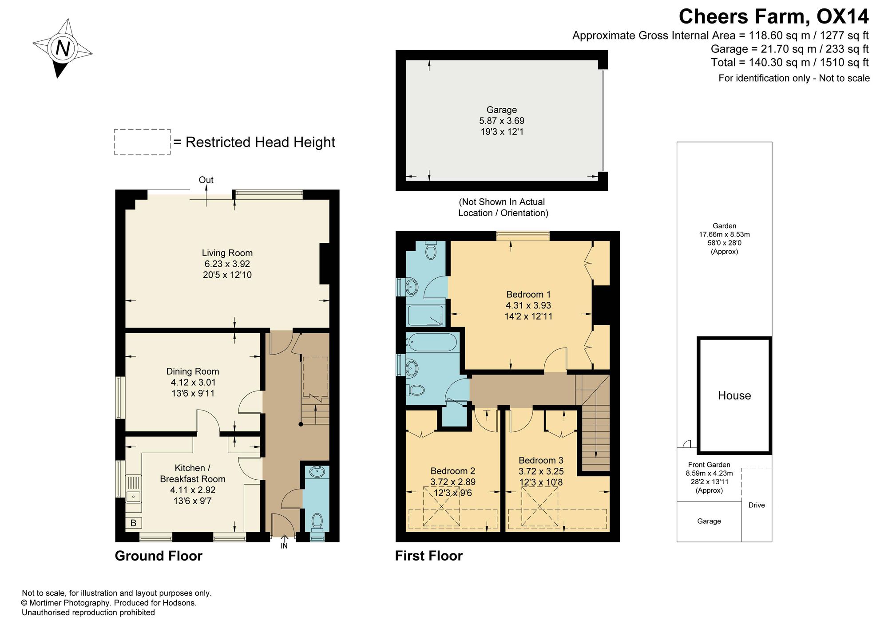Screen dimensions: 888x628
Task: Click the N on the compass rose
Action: pos(63,48)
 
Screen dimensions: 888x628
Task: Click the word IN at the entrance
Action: pos(284,546)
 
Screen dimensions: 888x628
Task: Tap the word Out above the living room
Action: pos(206,180)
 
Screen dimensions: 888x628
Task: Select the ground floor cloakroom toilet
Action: pos(317,522)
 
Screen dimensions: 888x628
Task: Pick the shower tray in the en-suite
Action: pos(425,316)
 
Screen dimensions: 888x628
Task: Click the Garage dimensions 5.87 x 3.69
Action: pos(502,121)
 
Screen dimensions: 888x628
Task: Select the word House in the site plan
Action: pos(734,395)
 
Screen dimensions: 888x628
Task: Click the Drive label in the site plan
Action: pos(757,505)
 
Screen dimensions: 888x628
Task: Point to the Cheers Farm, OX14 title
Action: pos(773,16)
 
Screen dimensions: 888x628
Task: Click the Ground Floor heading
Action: pos(159,556)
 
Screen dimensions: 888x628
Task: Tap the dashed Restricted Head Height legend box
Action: pos(142,142)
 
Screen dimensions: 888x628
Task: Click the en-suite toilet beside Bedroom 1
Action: pos(430,250)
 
